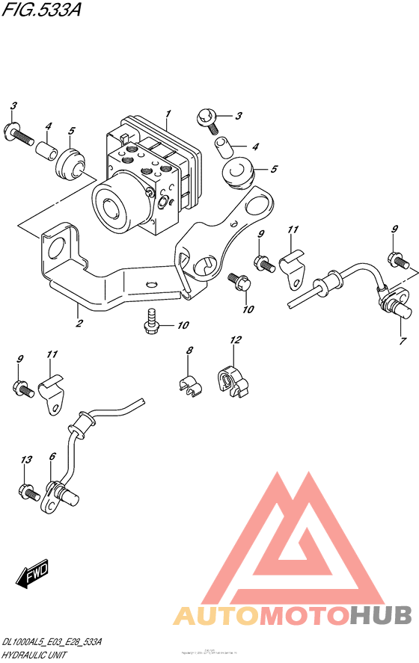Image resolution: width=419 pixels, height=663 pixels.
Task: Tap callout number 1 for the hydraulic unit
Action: pyautogui.click(x=168, y=114)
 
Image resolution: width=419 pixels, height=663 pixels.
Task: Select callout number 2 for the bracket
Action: pyautogui.click(x=78, y=324)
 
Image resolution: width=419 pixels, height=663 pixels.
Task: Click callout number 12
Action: pyautogui.click(x=236, y=341)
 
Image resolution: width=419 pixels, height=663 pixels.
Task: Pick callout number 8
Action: pyautogui.click(x=190, y=351)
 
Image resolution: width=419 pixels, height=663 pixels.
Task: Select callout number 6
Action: pyautogui.click(x=52, y=457)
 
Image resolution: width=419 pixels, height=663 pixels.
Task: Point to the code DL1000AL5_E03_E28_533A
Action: pyautogui.click(x=52, y=642)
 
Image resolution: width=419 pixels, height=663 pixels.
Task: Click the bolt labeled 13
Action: pyautogui.click(x=29, y=492)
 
